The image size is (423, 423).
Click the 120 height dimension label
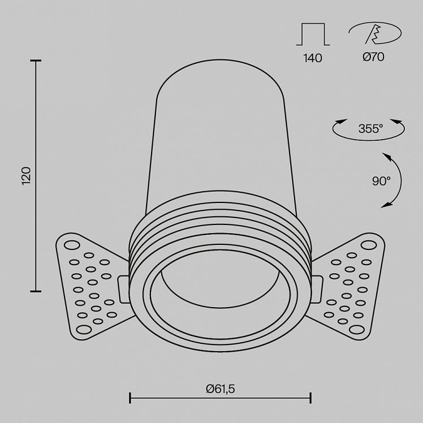[27, 176]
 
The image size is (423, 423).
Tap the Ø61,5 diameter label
[221, 389]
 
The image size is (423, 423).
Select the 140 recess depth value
[313, 58]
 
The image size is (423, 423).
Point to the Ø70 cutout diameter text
[373, 57]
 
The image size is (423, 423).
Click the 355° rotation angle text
[370, 129]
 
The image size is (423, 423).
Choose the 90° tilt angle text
[381, 181]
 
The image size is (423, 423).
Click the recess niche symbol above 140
[313, 34]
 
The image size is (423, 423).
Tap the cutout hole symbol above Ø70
[375, 33]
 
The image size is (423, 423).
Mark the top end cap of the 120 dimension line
[36, 61]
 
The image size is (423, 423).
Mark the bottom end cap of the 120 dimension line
[36, 291]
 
